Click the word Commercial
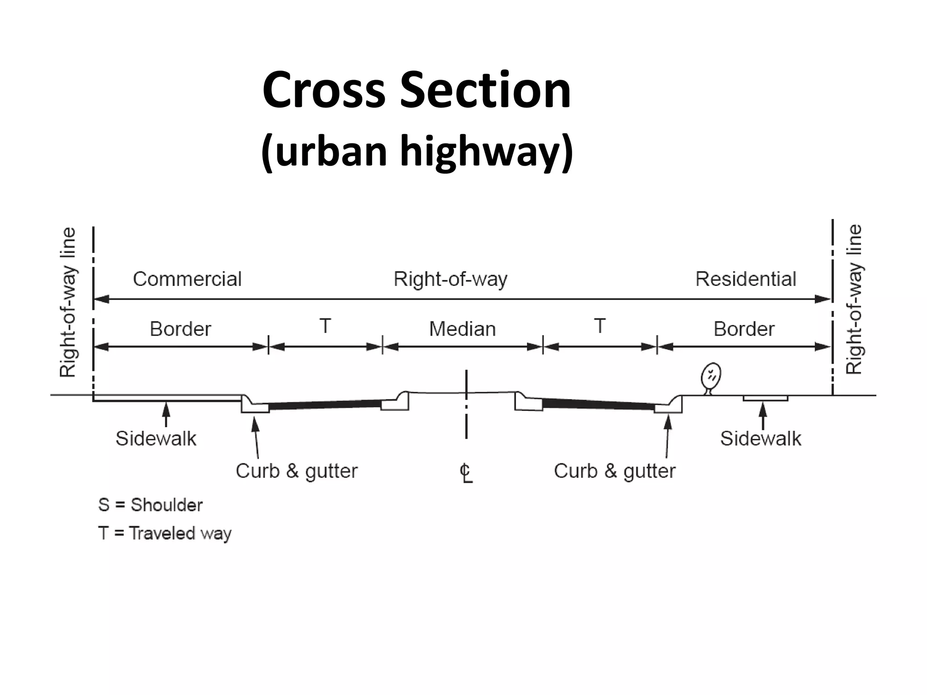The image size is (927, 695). point(187,279)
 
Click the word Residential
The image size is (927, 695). point(745,279)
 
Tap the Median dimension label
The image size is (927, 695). point(462,329)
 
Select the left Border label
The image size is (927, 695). point(180,329)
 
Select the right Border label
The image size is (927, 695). point(744,329)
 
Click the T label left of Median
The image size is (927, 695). point(325,326)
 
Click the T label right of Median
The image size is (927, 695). point(600,326)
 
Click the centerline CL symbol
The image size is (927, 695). point(466,473)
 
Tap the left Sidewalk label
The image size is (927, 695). point(156,438)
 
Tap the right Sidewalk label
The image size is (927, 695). point(760,438)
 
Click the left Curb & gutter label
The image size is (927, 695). point(296,471)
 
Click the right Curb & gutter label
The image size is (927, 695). point(614,471)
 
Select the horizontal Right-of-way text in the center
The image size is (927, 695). point(450,279)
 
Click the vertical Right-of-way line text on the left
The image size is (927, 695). point(68,302)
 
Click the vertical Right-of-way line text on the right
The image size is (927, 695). point(854,300)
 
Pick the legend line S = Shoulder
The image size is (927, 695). point(150,505)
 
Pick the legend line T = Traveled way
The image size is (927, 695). point(164,533)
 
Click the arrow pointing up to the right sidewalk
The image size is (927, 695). point(763,414)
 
